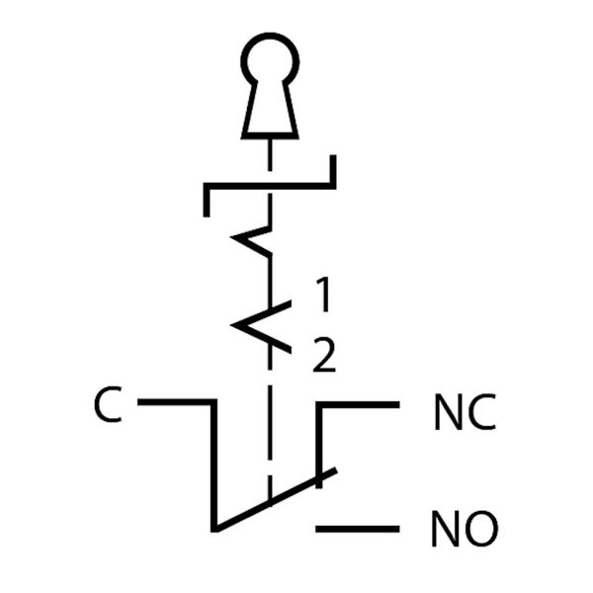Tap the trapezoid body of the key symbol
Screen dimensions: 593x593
[x=269, y=114]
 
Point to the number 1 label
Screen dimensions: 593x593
[x=323, y=294]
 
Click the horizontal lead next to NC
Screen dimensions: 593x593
[x=358, y=403]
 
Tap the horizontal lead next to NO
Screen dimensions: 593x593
[x=358, y=529]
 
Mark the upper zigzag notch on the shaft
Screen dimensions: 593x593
[x=253, y=241]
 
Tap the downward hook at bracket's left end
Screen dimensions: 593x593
[x=206, y=199]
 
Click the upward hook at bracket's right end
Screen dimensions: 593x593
[x=332, y=170]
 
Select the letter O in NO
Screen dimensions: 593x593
[x=479, y=530]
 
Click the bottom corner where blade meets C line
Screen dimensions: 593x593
[x=214, y=526]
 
